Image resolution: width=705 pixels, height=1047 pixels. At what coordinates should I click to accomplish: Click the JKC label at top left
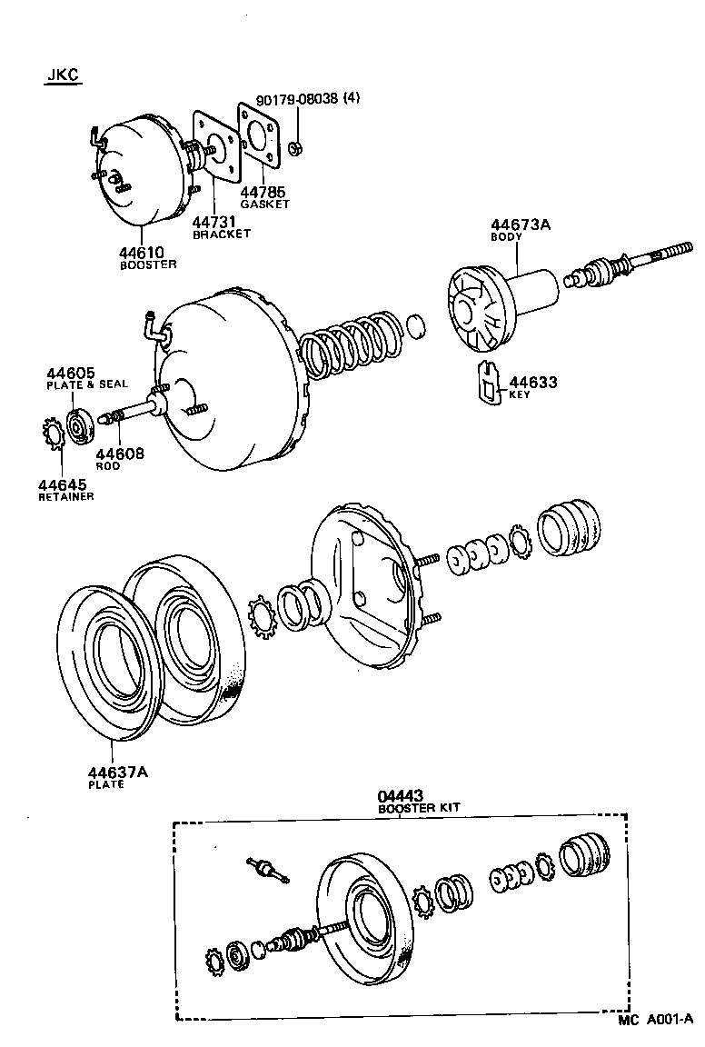click(63, 76)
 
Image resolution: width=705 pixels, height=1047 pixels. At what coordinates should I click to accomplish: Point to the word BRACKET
click(221, 234)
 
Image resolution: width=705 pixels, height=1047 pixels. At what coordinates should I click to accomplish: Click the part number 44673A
click(521, 224)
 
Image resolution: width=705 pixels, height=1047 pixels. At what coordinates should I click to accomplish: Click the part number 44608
click(120, 454)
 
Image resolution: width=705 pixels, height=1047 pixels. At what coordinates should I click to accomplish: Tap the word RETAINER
click(65, 497)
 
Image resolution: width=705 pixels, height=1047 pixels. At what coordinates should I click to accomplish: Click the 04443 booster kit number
click(401, 796)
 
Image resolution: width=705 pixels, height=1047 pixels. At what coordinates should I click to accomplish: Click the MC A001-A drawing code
click(656, 1022)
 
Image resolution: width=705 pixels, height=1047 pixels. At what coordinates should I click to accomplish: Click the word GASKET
click(264, 204)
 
